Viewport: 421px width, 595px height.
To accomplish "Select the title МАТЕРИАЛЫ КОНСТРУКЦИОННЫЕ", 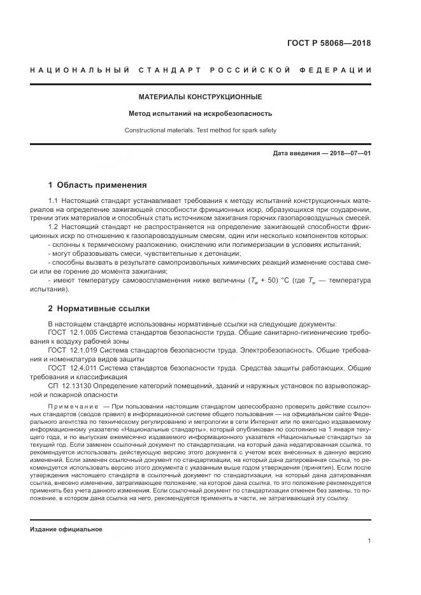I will coord(200,97).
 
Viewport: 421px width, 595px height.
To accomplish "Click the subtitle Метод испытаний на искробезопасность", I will coord(200,114).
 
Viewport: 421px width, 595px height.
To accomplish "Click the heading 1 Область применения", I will coord(97,185).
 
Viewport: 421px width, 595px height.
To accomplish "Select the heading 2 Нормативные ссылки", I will coord(99,309).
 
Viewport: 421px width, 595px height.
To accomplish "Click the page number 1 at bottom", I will coord(369,541).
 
